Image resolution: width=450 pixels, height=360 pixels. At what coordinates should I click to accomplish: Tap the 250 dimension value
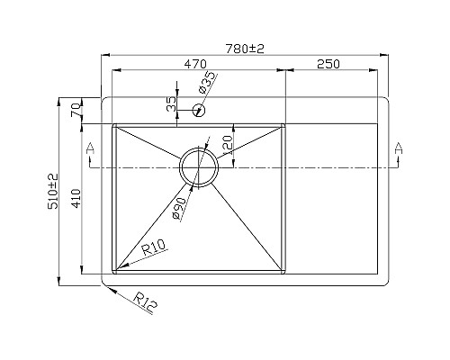click(328, 64)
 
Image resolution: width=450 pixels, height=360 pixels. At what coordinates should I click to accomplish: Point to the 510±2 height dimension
click(52, 191)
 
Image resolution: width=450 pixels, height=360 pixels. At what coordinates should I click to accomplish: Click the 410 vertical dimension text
click(76, 197)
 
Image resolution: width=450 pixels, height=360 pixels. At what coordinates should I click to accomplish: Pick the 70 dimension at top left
click(76, 110)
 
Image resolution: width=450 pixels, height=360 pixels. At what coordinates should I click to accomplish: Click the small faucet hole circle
click(200, 111)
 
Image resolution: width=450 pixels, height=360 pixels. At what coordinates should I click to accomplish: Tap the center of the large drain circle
click(198, 167)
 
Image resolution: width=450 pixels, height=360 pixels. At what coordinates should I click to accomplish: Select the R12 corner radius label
click(147, 301)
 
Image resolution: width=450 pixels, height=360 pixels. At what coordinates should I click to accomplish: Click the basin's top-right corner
click(284, 125)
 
